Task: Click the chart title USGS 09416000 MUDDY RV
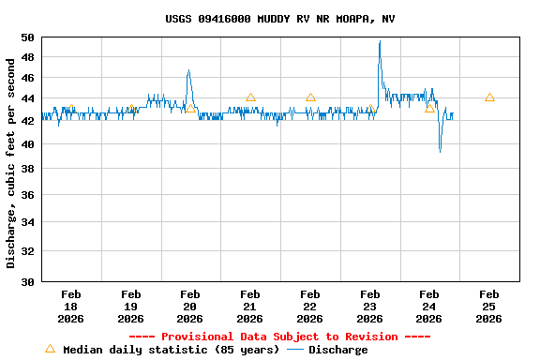279,19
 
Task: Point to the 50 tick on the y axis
27,37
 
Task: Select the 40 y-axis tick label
27,144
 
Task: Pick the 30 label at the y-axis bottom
27,281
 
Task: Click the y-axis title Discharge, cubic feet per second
11,163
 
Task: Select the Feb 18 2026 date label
70,307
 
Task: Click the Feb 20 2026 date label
190,307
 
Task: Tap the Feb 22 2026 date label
309,307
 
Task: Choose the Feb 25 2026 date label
488,307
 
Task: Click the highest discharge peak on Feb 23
380,41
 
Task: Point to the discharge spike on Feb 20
188,70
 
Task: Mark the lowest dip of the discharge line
441,150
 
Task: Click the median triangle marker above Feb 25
489,97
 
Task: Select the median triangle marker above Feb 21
250,97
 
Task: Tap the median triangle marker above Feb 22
310,97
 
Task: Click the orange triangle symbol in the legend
50,349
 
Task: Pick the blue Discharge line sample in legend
295,350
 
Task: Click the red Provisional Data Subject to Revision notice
279,337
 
